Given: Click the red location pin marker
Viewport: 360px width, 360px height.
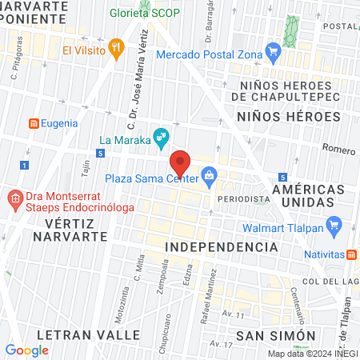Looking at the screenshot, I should point(180,162).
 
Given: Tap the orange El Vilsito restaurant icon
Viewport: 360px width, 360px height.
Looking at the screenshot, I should point(117,48).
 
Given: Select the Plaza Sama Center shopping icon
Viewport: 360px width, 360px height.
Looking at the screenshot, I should point(209,174).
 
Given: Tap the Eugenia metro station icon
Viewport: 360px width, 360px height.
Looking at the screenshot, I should point(34,123).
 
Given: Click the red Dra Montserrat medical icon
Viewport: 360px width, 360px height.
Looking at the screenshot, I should point(14,198).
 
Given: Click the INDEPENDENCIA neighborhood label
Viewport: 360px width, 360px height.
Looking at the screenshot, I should point(221,247).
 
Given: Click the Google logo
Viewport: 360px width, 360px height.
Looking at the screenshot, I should point(26,350).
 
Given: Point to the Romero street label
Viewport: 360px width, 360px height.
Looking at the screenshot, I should point(338,148).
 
